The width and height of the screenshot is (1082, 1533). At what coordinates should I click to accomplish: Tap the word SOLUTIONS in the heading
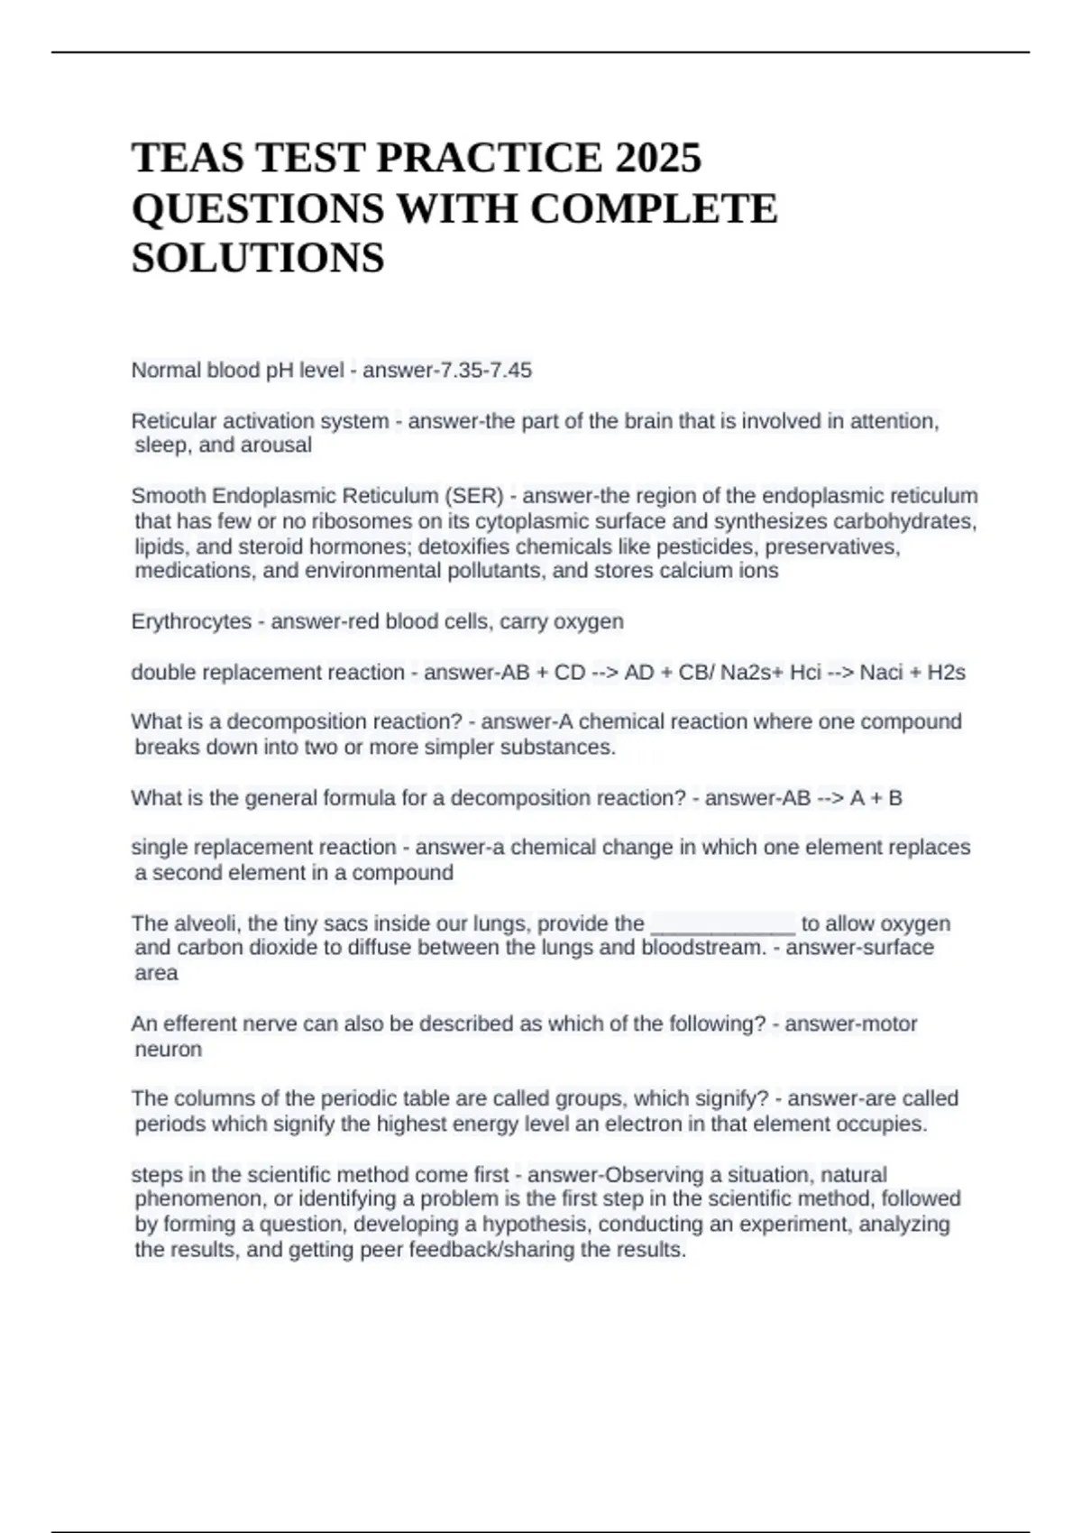[x=258, y=258]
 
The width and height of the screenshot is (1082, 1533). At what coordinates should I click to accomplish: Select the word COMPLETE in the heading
[x=653, y=208]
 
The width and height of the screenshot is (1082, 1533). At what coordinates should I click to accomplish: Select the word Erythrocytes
[x=191, y=621]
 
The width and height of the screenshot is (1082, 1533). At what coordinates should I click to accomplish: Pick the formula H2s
[x=946, y=673]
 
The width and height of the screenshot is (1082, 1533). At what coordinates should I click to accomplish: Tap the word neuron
[x=169, y=1050]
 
